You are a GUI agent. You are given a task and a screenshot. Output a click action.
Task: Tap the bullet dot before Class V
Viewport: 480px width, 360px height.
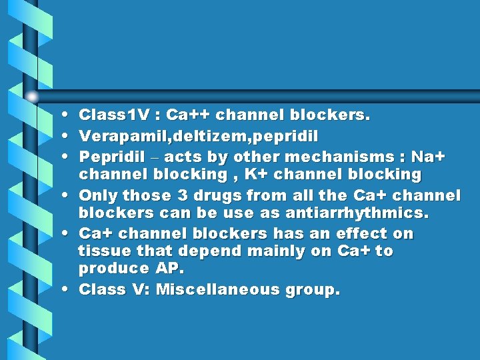[x=69, y=291]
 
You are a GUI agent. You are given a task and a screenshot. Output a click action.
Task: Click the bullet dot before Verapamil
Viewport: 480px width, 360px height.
[x=69, y=137]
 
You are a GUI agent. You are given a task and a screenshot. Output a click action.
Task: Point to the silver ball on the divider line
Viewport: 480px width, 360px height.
[x=33, y=96]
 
